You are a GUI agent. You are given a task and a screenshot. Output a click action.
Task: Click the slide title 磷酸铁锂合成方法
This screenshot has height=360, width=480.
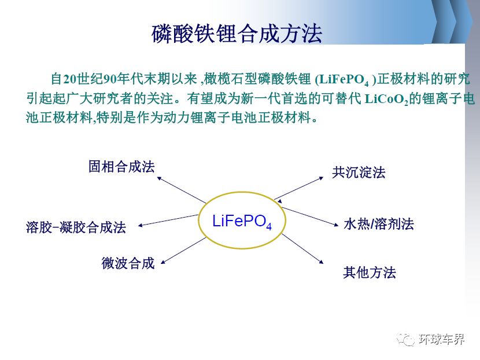coord(237,34)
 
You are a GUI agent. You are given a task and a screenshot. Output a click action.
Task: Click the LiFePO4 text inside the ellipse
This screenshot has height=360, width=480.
coord(242,221)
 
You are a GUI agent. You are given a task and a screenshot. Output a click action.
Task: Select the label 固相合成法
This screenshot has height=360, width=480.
coord(121,167)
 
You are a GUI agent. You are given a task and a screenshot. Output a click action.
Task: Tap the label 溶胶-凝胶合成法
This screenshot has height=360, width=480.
coord(76,227)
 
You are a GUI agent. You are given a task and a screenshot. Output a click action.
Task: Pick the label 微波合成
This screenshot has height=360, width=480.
coord(128,263)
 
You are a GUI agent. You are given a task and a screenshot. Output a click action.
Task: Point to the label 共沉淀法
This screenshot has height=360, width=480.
coord(359,172)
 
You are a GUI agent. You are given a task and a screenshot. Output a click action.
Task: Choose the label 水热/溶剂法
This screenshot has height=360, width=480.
coord(379,224)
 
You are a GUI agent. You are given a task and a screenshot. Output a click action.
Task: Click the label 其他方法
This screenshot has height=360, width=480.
coord(370,273)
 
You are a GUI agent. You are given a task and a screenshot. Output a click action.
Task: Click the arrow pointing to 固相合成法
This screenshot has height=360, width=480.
coord(182,190)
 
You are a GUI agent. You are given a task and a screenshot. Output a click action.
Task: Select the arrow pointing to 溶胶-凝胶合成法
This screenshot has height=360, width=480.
coord(168,221)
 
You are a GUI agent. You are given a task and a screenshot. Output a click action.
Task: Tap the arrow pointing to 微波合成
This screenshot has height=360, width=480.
coord(184,250)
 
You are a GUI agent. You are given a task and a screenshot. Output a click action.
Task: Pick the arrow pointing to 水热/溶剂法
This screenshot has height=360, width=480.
coord(310,216)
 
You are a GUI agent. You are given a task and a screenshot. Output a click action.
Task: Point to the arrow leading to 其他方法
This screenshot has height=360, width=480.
coord(302,248)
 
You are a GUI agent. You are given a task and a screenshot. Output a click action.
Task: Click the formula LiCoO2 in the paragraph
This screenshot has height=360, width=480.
coord(386,99)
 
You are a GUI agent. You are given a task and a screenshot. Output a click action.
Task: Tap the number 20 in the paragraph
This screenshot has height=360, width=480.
coord(70,79)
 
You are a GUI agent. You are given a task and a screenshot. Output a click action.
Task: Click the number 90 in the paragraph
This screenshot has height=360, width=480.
coord(110,79)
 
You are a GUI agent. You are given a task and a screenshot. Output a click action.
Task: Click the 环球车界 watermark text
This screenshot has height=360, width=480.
coord(441,339)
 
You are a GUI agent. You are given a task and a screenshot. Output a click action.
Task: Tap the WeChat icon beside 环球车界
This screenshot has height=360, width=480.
coord(405,339)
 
